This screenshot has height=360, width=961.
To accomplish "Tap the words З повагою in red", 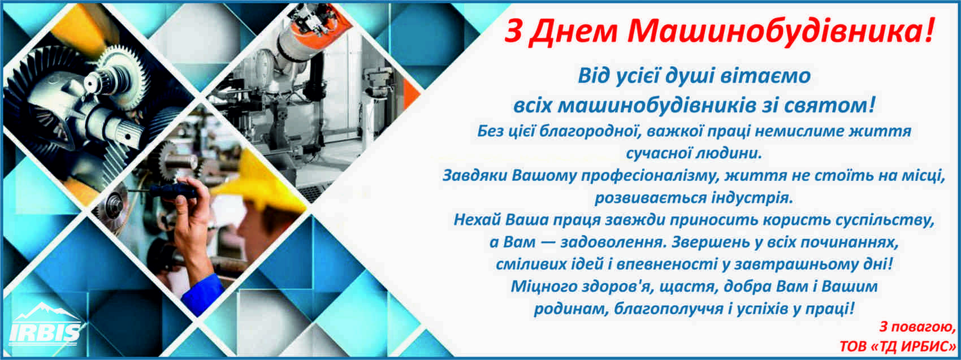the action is click(x=915, y=327).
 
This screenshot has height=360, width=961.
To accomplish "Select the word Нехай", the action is click(x=477, y=220).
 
